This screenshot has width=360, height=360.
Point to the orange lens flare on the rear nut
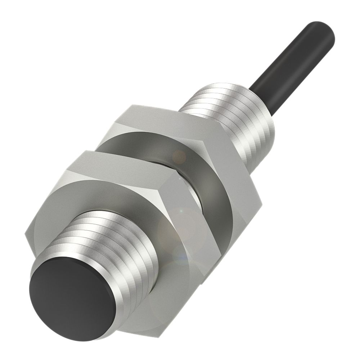(179, 156)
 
